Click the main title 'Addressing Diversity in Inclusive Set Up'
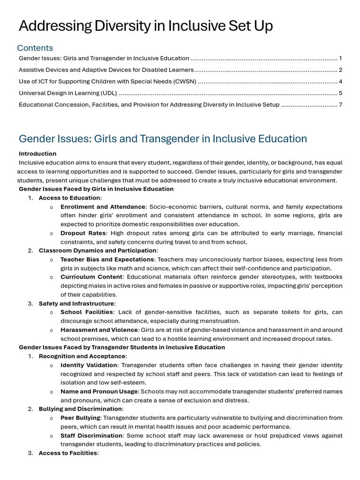coord(145,26)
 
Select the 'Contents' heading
coord(35,48)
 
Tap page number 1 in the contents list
coord(340,59)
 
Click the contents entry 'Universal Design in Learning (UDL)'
coord(68,93)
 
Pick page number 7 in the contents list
coord(340,105)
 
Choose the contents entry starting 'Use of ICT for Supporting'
coord(107,82)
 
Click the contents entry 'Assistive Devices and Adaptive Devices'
coord(106,70)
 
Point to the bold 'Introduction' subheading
coord(37,154)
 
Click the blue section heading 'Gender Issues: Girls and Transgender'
coord(163,139)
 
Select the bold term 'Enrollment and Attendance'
coord(103,207)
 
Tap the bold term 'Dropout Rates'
coord(80,233)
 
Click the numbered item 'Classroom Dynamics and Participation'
coord(97,251)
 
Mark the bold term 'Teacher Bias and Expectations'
coord(107,259)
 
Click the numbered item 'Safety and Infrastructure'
coord(76,304)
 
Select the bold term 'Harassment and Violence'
coord(99,330)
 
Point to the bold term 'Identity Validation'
coord(89,365)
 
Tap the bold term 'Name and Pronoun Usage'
coord(99,391)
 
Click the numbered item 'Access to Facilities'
coord(68,453)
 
